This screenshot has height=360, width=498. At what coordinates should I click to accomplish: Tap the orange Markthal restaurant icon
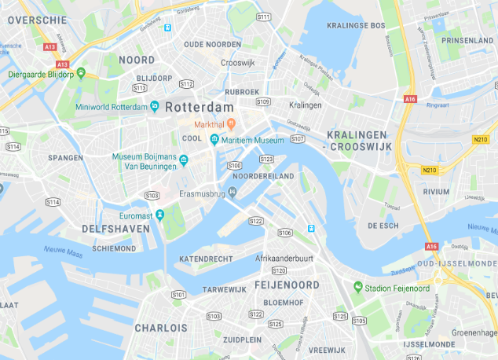[x=232, y=124]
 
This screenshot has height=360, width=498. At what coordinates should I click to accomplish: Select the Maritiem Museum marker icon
[x=214, y=140]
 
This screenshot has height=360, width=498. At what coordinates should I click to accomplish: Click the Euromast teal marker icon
[x=159, y=215]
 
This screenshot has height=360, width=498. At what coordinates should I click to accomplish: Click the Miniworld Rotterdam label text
[x=110, y=106]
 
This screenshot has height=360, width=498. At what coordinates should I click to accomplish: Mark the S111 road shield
[x=263, y=17]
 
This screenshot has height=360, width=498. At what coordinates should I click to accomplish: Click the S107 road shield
[x=297, y=138]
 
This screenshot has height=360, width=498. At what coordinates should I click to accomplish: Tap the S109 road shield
[x=263, y=101]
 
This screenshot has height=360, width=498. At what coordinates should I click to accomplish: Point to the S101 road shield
[x=179, y=295]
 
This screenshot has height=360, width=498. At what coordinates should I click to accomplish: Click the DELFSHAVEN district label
[x=115, y=229]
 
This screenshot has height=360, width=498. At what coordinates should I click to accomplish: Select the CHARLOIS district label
[x=160, y=327]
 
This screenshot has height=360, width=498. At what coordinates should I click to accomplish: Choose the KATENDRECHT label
[x=207, y=259]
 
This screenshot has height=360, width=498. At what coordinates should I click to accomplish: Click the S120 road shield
[x=279, y=270]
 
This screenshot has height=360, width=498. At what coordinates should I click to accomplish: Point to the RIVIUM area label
[x=436, y=191]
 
